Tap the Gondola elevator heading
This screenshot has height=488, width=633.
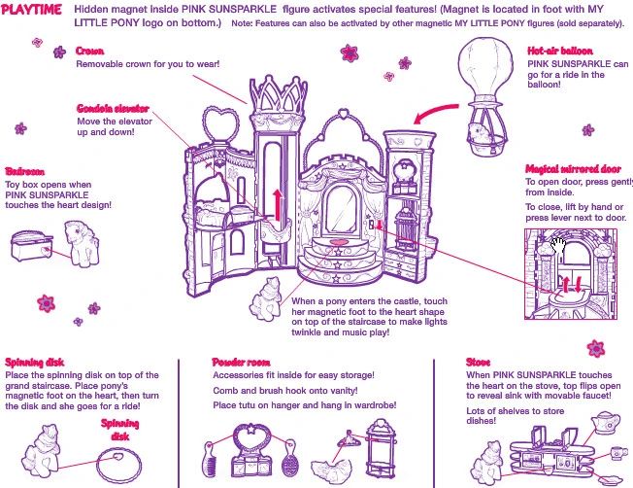(x=113, y=108)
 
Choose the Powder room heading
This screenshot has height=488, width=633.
(x=242, y=362)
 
